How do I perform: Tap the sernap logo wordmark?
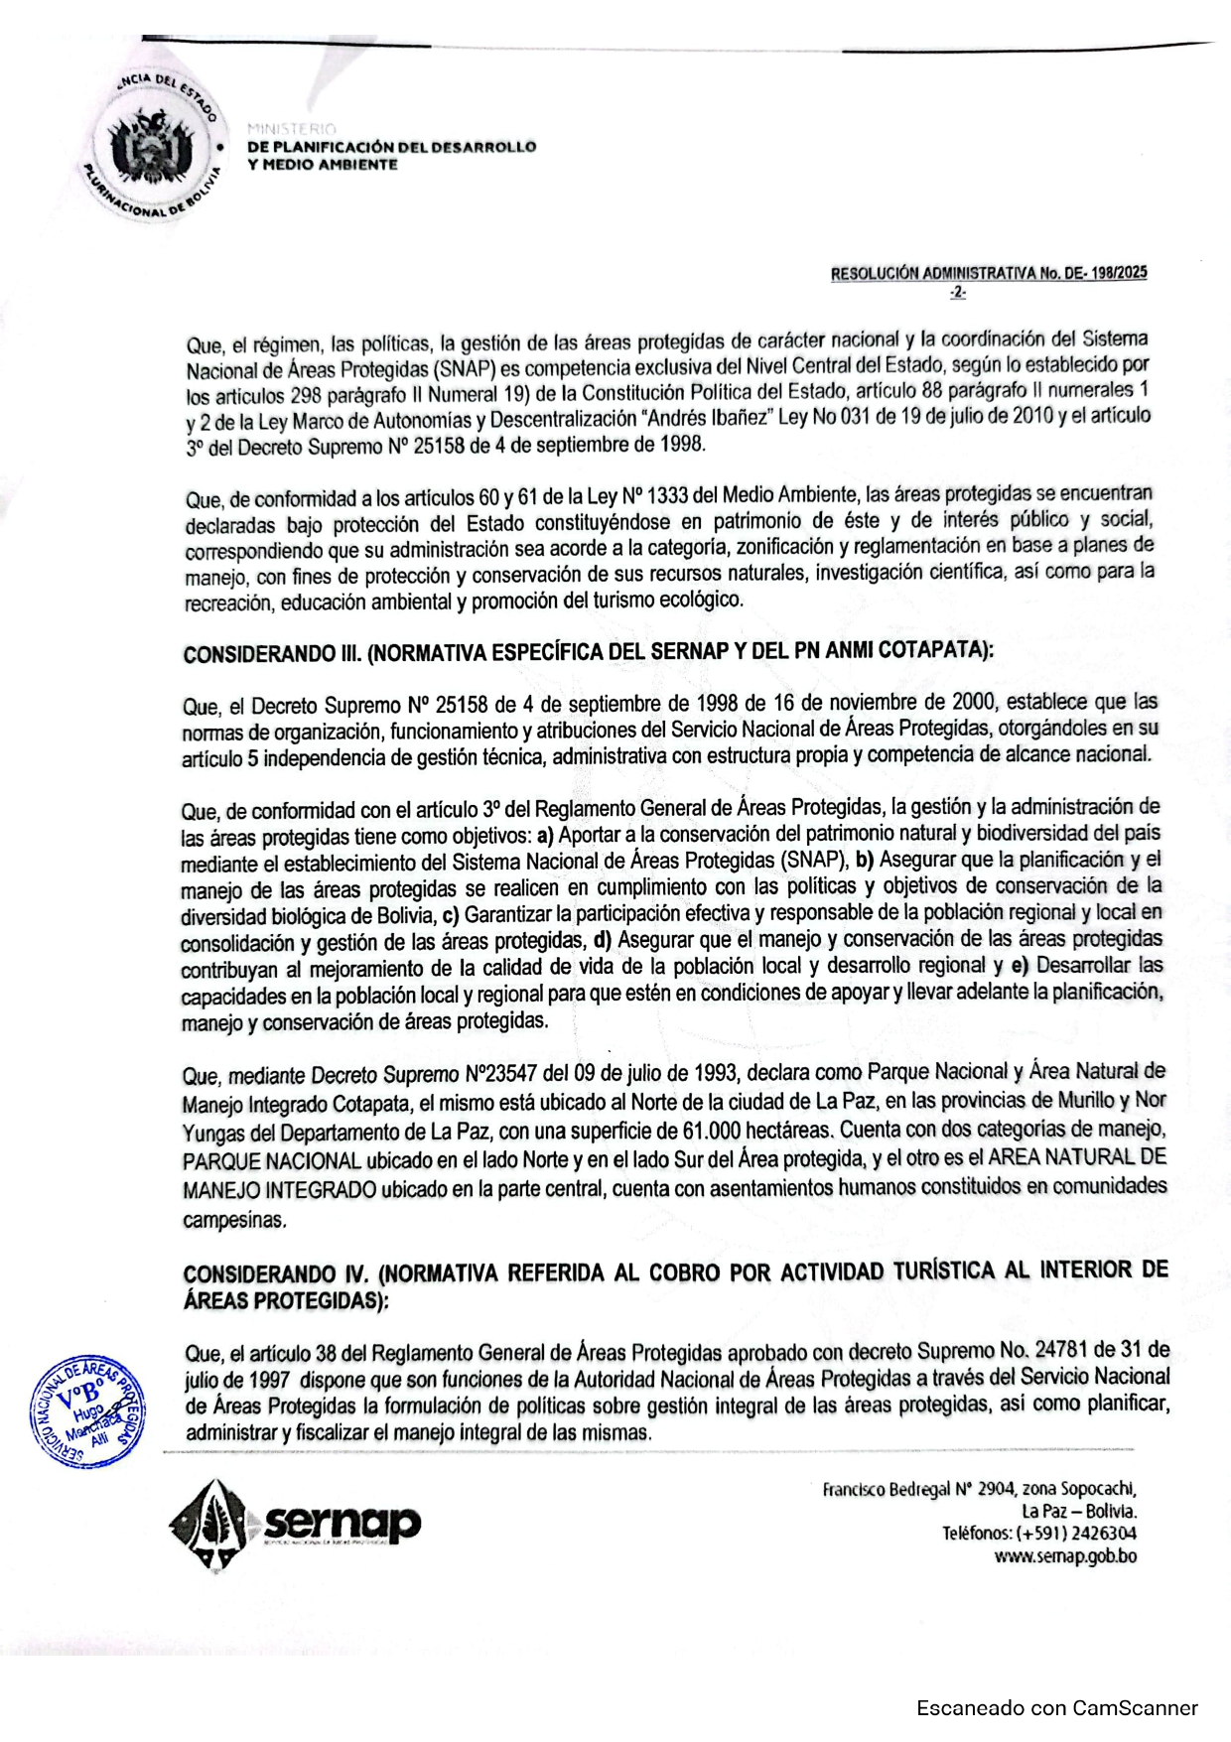click(342, 1522)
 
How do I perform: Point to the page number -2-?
click(957, 293)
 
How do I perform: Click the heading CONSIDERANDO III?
click(272, 655)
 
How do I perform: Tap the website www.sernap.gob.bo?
click(1065, 1556)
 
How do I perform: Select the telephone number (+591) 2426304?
click(1078, 1534)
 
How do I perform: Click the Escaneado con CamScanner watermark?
click(1056, 1708)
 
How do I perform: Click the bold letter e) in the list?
click(1020, 966)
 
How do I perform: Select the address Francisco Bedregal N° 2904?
click(917, 1489)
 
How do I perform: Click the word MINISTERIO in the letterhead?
click(292, 129)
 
